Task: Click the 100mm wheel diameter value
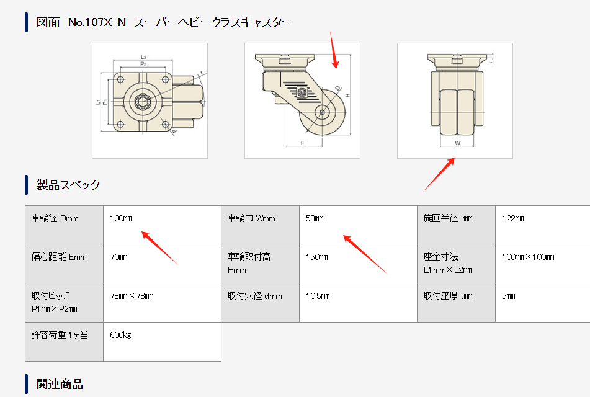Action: pos(120,218)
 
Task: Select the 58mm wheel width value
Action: pos(315,218)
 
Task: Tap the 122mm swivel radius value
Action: pos(512,218)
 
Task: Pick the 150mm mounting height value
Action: pos(316,257)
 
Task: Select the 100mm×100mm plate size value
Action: pos(527,257)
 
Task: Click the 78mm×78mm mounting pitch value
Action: pos(132,296)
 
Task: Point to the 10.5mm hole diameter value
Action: pos(318,296)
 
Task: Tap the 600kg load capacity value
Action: pos(120,335)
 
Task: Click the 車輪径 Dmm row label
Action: pos(55,218)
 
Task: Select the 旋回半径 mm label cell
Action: pos(448,218)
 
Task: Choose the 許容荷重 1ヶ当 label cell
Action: pos(60,335)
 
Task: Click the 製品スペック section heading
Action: pos(68,184)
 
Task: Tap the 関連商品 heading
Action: pos(60,383)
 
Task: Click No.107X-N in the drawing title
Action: pos(97,22)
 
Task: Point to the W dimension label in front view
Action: pos(457,143)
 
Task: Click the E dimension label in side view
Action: pos(302,142)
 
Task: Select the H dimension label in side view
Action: pos(348,95)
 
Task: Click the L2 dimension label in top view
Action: pos(143,56)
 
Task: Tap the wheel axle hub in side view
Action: pos(323,112)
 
